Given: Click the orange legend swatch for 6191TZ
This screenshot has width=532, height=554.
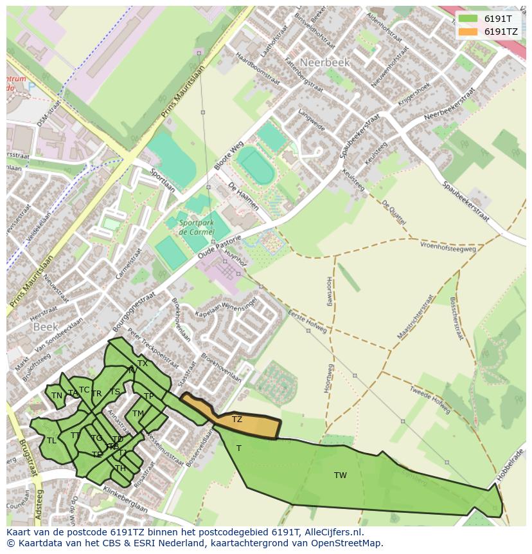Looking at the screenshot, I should [467, 31].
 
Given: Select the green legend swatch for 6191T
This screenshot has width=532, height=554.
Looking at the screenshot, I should [467, 19].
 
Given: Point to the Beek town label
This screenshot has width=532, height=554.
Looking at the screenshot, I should [46, 327].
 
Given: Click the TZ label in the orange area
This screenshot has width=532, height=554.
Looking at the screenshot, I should [237, 420].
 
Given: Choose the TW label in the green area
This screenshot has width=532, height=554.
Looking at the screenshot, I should [341, 476].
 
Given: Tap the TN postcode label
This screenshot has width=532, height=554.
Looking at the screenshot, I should [57, 396].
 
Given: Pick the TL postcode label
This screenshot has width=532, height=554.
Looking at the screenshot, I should [51, 441].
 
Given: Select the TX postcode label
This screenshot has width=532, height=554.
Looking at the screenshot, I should [143, 364].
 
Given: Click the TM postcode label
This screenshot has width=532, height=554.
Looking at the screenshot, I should [137, 414].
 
